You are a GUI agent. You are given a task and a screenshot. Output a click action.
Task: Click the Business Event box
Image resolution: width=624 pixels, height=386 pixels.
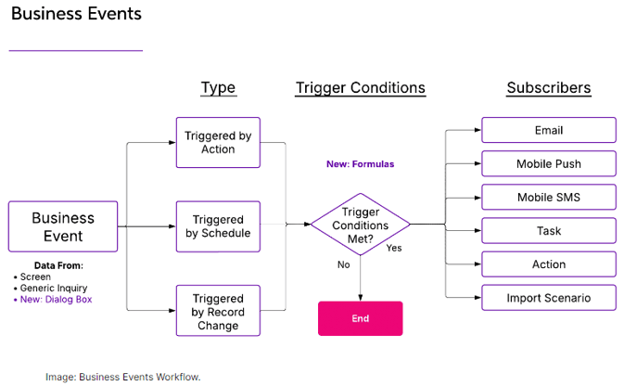pyautogui.click(x=63, y=226)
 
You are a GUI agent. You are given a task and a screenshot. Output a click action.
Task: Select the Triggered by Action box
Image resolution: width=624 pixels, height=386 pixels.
pyautogui.click(x=218, y=142)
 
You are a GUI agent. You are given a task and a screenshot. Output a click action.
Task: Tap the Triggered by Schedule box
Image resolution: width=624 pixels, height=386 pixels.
pyautogui.click(x=218, y=226)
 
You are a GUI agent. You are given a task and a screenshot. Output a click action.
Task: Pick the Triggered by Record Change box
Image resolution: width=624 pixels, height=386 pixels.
pyautogui.click(x=218, y=310)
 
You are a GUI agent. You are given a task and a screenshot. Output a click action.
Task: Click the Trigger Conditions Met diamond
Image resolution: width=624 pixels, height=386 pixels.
pyautogui.click(x=360, y=225)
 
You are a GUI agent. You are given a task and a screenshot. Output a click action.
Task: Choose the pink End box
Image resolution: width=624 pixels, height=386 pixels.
pyautogui.click(x=360, y=318)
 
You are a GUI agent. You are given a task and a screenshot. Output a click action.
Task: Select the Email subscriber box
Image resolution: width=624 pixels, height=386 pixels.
pyautogui.click(x=549, y=130)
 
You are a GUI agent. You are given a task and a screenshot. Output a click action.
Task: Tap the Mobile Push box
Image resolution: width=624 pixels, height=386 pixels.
pyautogui.click(x=549, y=163)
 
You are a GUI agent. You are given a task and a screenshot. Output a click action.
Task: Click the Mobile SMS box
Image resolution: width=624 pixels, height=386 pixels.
pyautogui.click(x=549, y=197)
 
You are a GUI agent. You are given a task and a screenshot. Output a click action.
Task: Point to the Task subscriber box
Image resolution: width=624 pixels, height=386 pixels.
pyautogui.click(x=549, y=230)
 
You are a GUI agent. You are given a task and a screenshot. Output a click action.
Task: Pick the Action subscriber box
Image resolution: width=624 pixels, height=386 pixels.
pyautogui.click(x=549, y=264)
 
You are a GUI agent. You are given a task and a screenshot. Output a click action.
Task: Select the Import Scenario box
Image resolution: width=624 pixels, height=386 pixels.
pyautogui.click(x=549, y=297)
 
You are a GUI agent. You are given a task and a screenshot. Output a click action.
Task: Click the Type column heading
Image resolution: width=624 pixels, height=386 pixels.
pyautogui.click(x=219, y=87)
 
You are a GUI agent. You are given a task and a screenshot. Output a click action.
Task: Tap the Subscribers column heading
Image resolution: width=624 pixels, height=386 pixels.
pyautogui.click(x=549, y=87)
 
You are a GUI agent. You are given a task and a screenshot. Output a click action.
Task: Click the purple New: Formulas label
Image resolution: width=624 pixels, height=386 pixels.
pyautogui.click(x=360, y=163)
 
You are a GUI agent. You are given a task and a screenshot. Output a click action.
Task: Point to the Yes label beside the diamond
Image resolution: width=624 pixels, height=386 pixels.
pyautogui.click(x=394, y=248)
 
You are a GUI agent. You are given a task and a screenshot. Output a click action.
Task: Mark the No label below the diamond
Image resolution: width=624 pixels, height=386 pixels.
pyautogui.click(x=343, y=264)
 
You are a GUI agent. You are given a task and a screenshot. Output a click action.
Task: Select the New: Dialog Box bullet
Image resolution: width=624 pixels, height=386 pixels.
pyautogui.click(x=54, y=299)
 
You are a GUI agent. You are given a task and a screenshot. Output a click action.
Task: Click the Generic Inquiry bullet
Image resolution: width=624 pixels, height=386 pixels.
pyautogui.click(x=51, y=288)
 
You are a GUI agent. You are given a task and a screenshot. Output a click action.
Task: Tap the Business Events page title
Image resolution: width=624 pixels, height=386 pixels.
pyautogui.click(x=76, y=14)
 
